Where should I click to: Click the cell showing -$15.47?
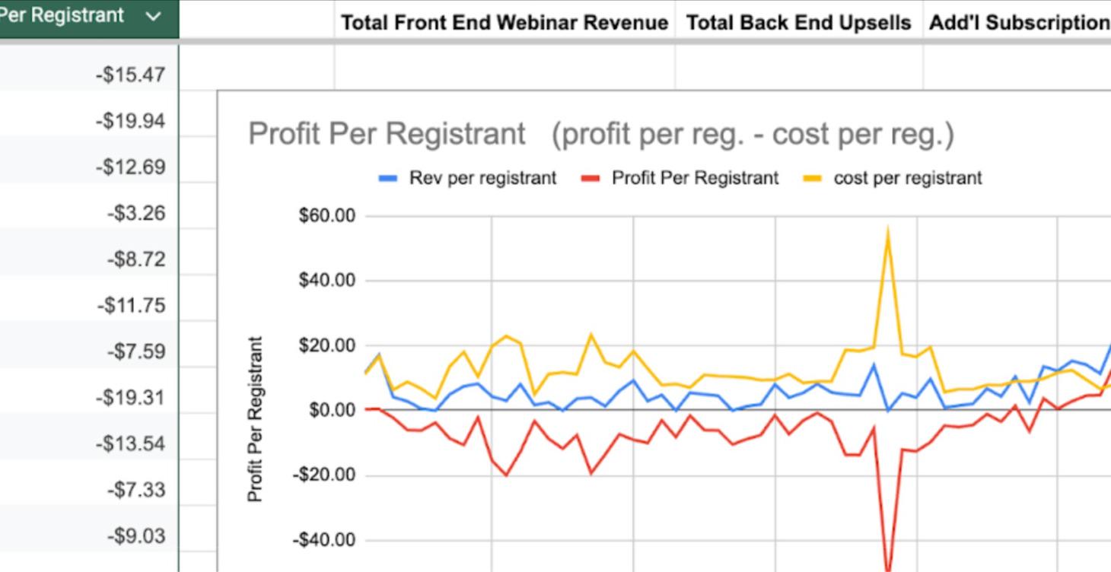pyautogui.click(x=130, y=75)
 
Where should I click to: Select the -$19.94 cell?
pyautogui.click(x=130, y=120)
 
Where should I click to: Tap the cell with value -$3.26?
pyautogui.click(x=135, y=213)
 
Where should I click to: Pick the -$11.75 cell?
pyautogui.click(x=131, y=306)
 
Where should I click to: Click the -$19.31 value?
pyautogui.click(x=130, y=398)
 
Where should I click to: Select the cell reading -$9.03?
pyautogui.click(x=135, y=536)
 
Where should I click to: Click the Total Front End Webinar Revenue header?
pyautogui.click(x=505, y=23)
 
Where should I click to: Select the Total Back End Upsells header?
pyautogui.click(x=798, y=23)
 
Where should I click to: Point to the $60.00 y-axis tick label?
pyautogui.click(x=327, y=216)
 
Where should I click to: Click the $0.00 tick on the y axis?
pyautogui.click(x=332, y=410)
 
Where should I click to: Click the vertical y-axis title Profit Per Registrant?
pyautogui.click(x=256, y=419)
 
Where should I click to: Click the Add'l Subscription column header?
pyautogui.click(x=1018, y=23)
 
